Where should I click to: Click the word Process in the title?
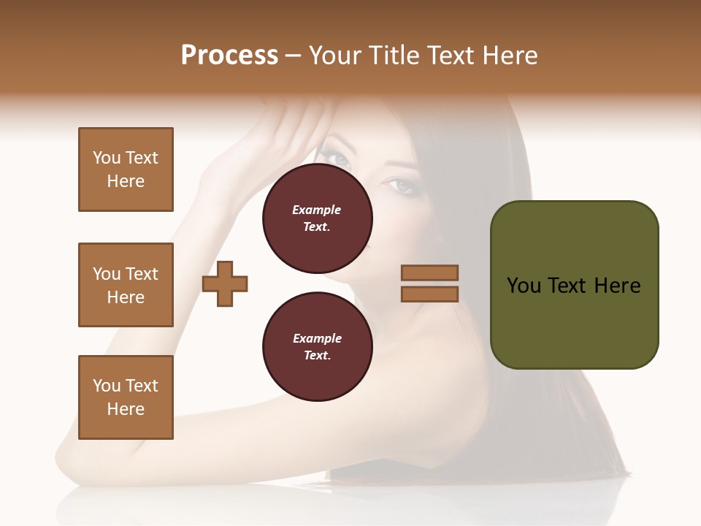[x=229, y=56]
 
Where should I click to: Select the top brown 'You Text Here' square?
[x=126, y=169]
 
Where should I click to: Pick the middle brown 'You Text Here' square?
[x=126, y=285]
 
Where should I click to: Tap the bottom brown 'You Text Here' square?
[x=126, y=397]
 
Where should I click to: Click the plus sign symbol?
[x=225, y=283]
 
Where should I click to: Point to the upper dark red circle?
[x=317, y=218]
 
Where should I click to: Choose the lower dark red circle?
[x=317, y=346]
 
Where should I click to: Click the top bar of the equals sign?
[x=430, y=272]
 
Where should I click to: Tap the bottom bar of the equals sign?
[x=430, y=294]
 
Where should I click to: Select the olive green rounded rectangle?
[x=574, y=284]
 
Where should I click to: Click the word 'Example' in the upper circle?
[x=317, y=210]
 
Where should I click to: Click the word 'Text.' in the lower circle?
[x=317, y=356]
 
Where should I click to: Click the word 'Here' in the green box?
[x=617, y=285]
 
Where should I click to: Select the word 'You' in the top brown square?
[x=107, y=158]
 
